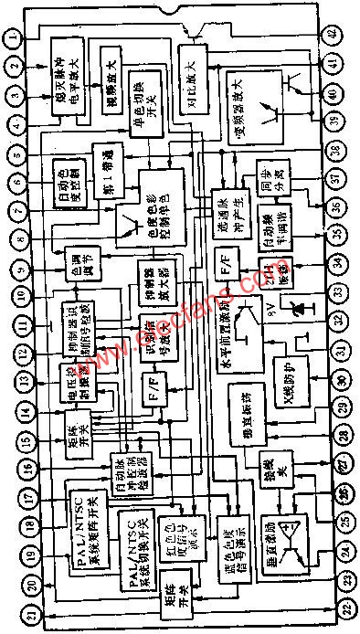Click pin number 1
tap(14, 37)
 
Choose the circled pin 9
tap(14, 269)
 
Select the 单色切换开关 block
tap(146, 95)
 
